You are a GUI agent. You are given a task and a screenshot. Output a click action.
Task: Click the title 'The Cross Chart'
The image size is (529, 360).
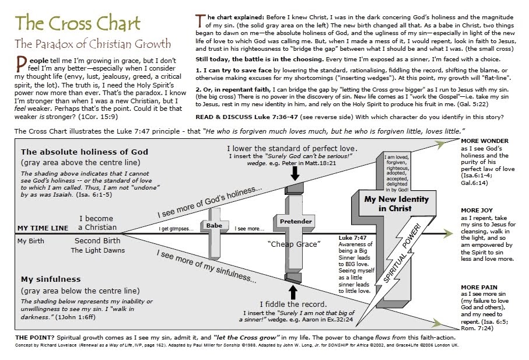[78, 24]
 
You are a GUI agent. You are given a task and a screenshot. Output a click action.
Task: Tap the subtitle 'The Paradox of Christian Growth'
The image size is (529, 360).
[93, 44]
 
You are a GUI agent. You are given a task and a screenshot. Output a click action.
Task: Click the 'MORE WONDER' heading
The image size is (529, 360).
[484, 141]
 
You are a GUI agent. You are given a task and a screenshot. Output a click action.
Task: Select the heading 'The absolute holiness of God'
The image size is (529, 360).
[84, 152]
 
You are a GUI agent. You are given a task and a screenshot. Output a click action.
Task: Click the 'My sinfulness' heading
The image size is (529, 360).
[51, 279]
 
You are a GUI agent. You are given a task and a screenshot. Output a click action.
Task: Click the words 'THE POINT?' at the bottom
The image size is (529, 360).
[34, 338]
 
